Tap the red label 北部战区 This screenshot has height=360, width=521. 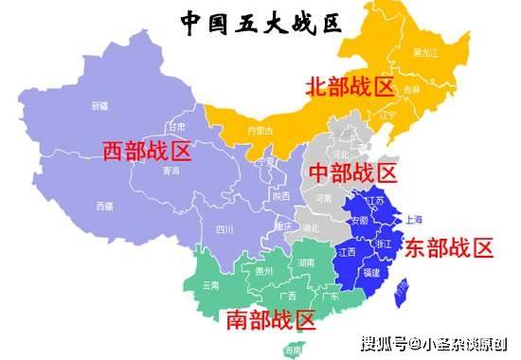coord(349,87)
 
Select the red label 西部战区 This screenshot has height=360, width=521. coord(147,150)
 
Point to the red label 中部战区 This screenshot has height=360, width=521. coord(351,173)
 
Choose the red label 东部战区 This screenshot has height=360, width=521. coord(449,248)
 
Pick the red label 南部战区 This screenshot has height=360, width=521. coord(270,319)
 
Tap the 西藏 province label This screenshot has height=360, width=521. coord(104,206)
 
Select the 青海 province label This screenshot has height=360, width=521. coord(171,171)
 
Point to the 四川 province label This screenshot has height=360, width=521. coord(225,228)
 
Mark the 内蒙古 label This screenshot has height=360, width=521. coord(259,130)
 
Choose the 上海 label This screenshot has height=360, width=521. coord(413,219)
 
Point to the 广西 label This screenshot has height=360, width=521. coord(285,295)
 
